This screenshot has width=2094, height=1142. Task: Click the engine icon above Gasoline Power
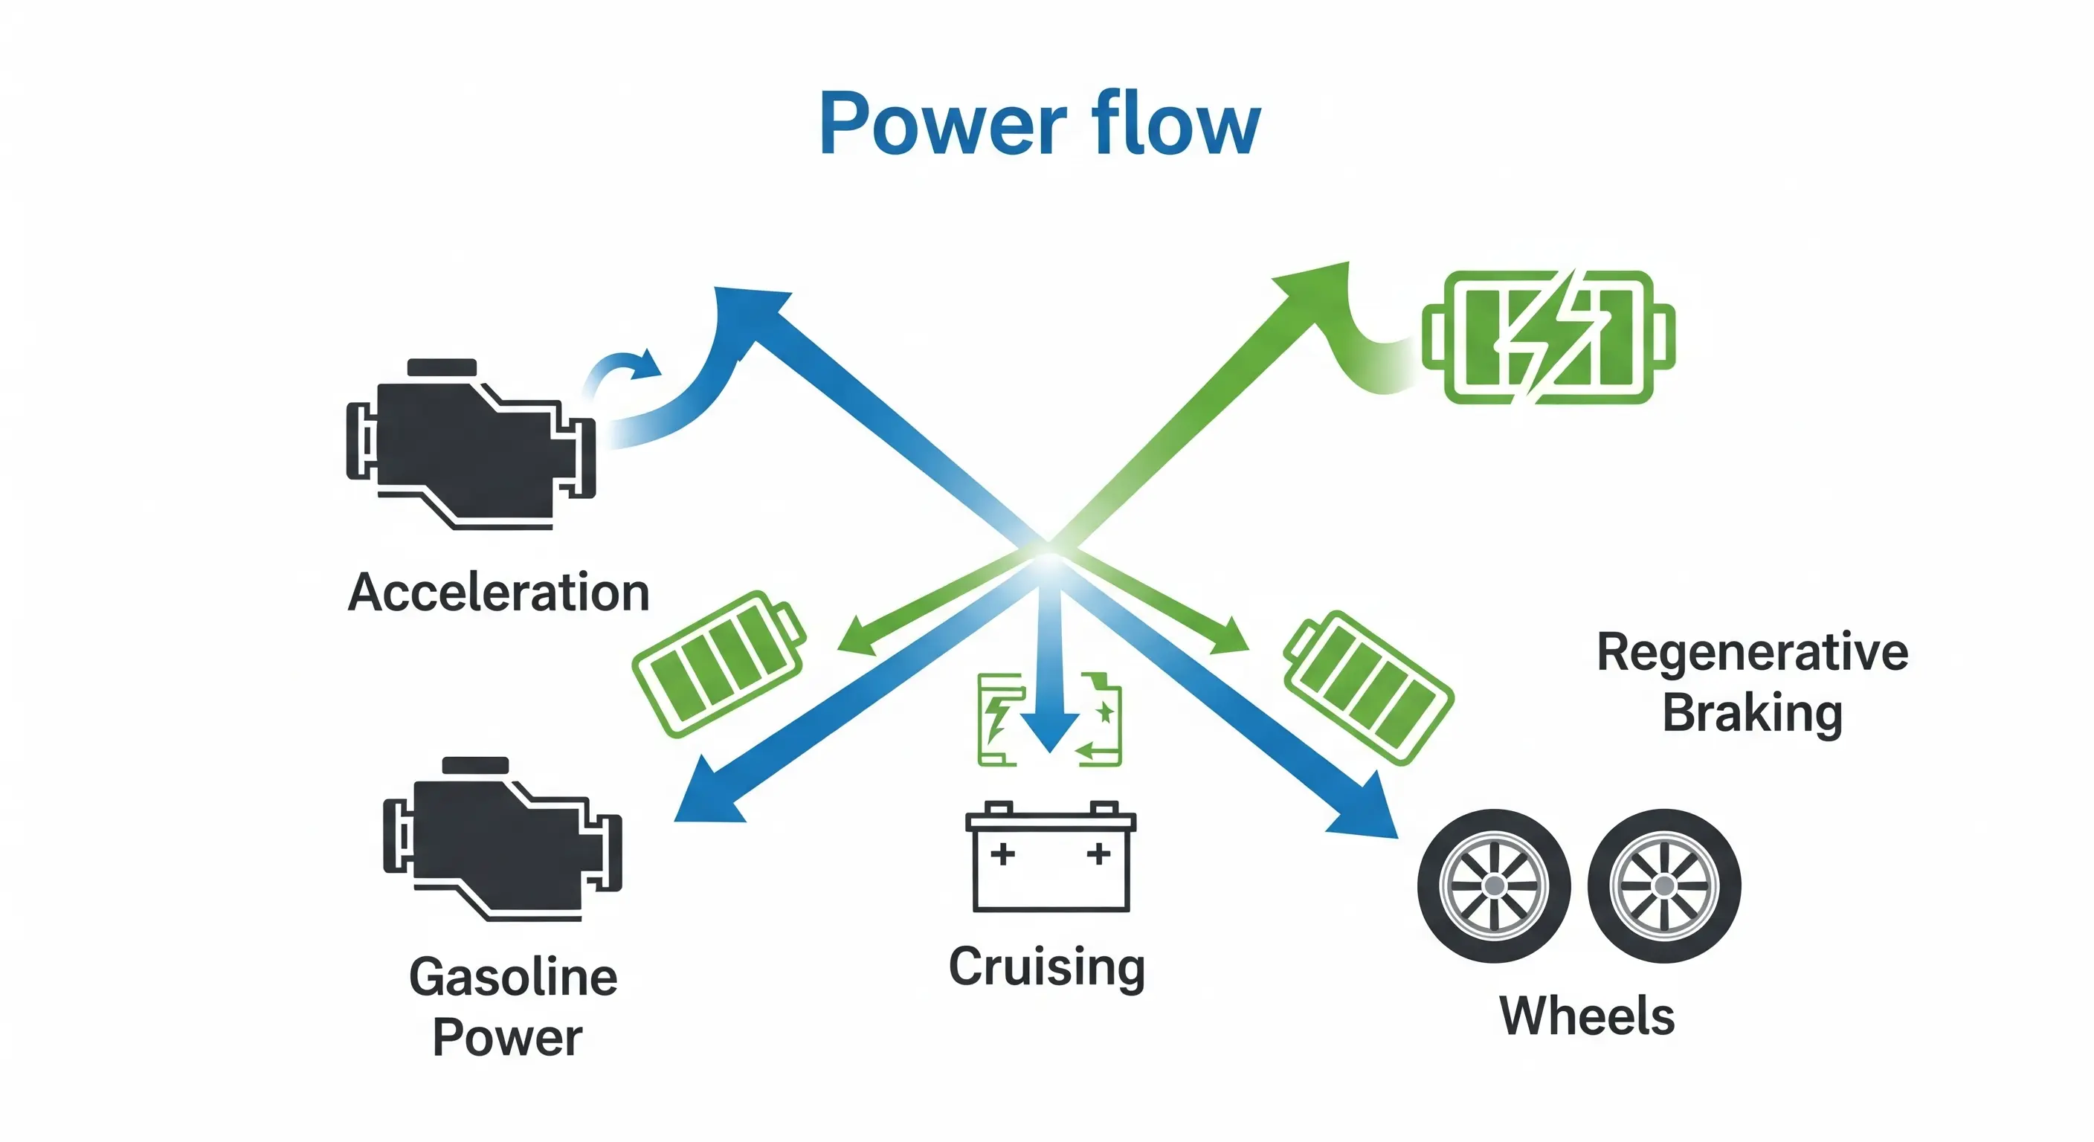click(x=501, y=839)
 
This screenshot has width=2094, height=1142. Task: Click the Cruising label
click(x=1047, y=967)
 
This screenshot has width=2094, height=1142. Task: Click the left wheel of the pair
click(x=1493, y=885)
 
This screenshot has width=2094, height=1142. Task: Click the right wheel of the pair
click(x=1664, y=885)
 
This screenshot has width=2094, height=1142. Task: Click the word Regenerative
click(x=1752, y=652)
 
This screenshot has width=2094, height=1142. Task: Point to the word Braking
click(x=1752, y=713)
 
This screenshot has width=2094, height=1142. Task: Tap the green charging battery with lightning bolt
click(x=1547, y=337)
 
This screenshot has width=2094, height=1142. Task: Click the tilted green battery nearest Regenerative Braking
click(x=1369, y=688)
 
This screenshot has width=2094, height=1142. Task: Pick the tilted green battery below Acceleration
click(x=718, y=663)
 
